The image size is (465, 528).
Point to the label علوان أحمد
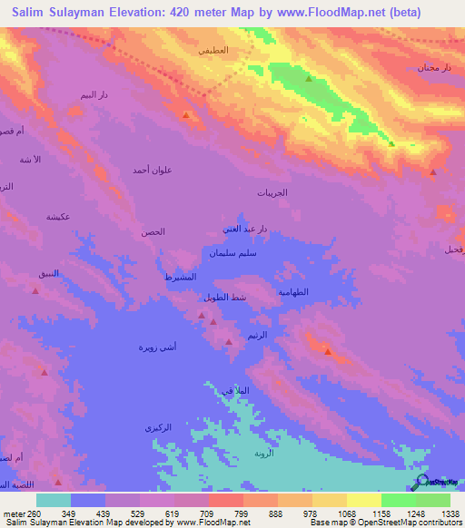(152, 170)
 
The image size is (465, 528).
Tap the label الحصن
(153, 232)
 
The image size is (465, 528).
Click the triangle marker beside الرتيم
(229, 340)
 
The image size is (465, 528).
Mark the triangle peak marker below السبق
(35, 290)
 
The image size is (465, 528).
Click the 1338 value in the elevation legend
(450, 513)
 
